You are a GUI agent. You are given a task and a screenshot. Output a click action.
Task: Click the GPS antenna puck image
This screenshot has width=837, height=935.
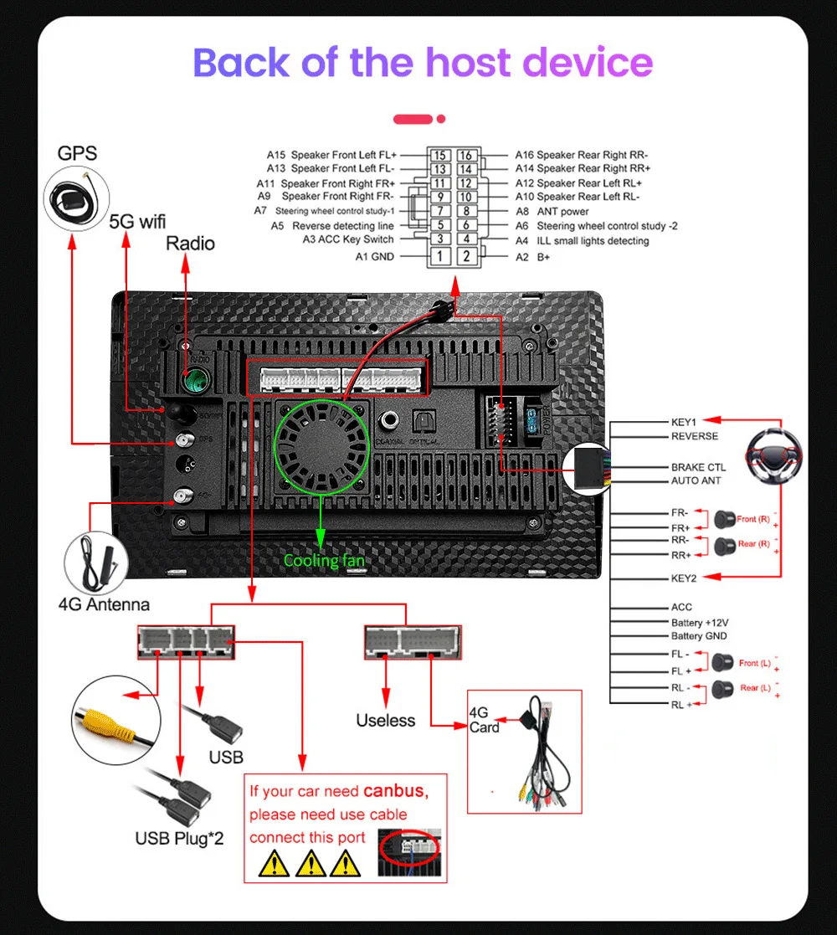tap(74, 198)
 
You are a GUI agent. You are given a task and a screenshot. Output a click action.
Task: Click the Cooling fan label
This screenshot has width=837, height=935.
tap(324, 560)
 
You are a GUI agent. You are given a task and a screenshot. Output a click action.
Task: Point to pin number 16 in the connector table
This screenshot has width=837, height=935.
tap(466, 156)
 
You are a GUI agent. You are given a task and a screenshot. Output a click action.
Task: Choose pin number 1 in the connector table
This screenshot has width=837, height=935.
tap(439, 256)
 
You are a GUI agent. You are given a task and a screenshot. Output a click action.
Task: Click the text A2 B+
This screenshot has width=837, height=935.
tap(533, 257)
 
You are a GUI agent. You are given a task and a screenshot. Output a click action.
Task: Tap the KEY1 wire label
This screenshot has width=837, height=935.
tap(684, 422)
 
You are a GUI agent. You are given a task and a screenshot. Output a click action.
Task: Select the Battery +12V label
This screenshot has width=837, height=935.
tap(700, 623)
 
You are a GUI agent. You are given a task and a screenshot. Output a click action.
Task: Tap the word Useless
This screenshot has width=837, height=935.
tap(385, 720)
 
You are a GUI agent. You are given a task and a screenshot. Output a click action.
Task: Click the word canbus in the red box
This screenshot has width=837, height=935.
tap(395, 791)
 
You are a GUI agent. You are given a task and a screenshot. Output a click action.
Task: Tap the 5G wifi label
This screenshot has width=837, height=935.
tap(138, 222)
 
